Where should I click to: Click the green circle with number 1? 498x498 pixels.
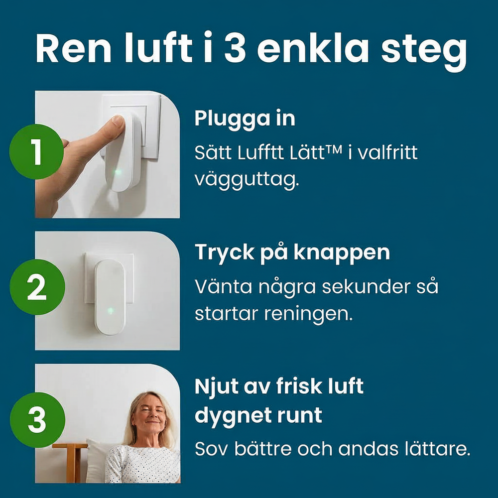pyautogui.click(x=37, y=153)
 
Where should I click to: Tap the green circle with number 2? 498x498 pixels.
pyautogui.click(x=37, y=287)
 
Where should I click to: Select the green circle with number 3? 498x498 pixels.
pyautogui.click(x=37, y=421)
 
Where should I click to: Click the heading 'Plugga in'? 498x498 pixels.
pyautogui.click(x=245, y=119)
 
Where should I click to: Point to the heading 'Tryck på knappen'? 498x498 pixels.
pyautogui.click(x=292, y=252)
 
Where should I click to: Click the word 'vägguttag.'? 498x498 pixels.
pyautogui.click(x=247, y=180)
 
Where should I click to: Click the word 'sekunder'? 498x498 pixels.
pyautogui.click(x=369, y=287)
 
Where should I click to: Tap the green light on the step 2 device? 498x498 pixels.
pyautogui.click(x=110, y=311)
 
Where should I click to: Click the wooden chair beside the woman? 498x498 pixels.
pyautogui.click(x=72, y=461)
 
